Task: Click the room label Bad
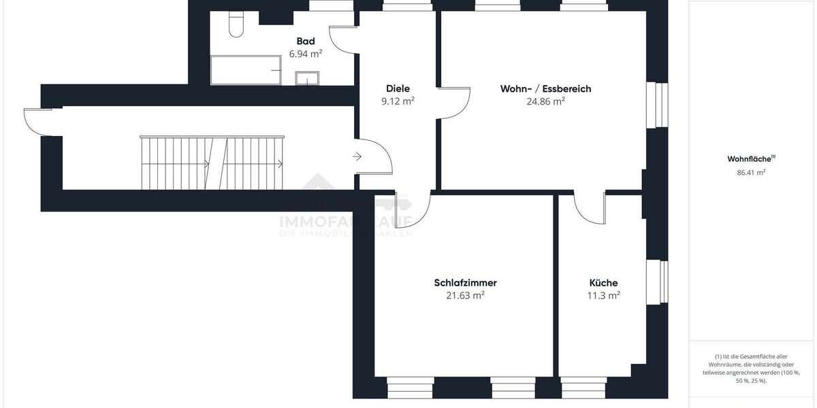[306, 41]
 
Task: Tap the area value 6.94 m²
[306, 54]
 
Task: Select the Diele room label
[398, 88]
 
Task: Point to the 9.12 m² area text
[398, 101]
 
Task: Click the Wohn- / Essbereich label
[545, 88]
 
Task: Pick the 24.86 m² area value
[545, 101]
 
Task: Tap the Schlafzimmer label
[465, 283]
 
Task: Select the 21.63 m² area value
[465, 296]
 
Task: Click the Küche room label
[603, 283]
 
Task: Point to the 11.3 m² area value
[603, 296]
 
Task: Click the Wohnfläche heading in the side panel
[750, 159]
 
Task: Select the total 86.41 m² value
[751, 173]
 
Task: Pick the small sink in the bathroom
[307, 79]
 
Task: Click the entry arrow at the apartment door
[357, 157]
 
